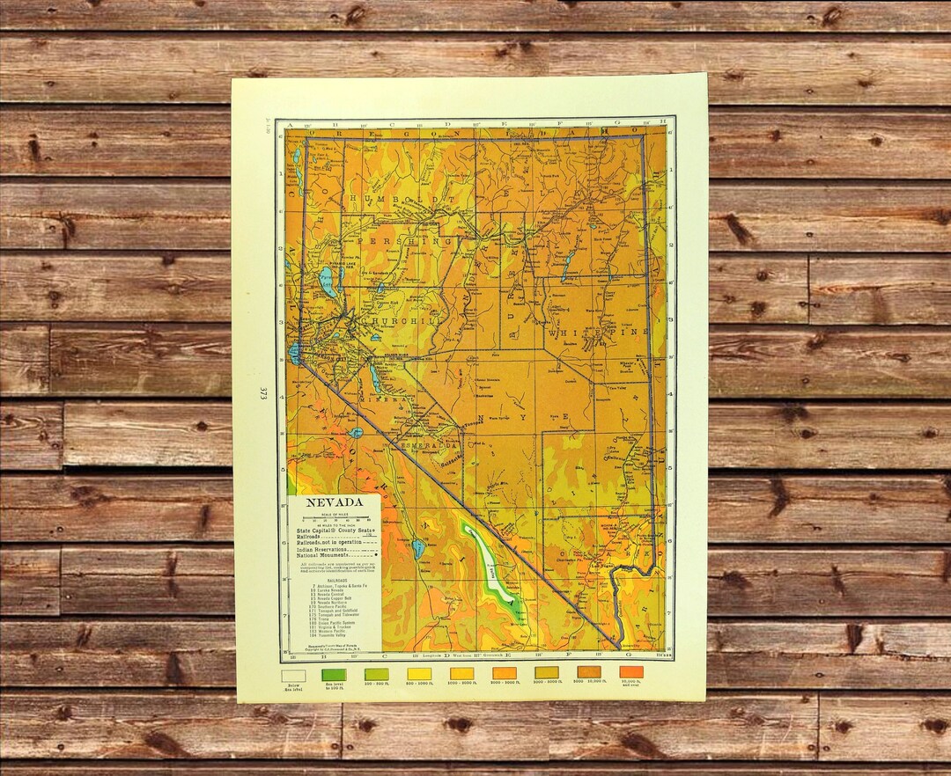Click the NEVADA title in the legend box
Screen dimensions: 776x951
(x=335, y=503)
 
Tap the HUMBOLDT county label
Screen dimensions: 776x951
(x=401, y=201)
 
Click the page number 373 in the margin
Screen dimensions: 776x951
(x=262, y=393)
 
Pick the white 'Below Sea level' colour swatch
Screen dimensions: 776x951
(x=293, y=676)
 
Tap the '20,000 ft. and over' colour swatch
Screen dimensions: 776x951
(x=631, y=672)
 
